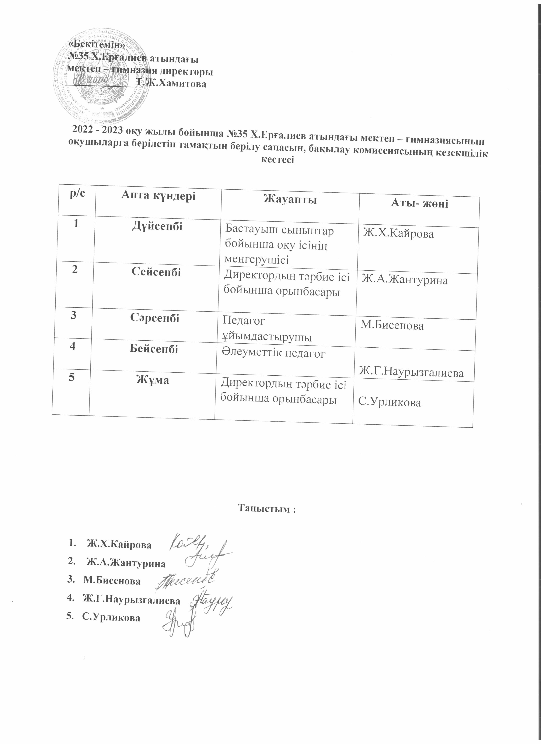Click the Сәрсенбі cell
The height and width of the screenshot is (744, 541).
155,317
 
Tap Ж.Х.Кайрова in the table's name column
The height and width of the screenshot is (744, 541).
398,234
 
